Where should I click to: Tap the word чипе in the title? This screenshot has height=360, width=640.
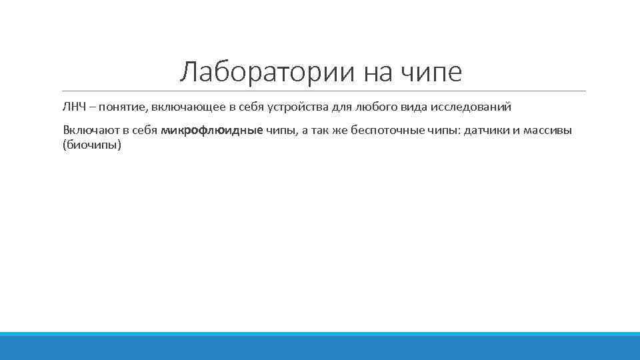(432, 72)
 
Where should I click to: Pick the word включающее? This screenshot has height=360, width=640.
(180, 107)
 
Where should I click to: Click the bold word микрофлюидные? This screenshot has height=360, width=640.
(212, 130)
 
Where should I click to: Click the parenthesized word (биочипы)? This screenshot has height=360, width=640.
(91, 145)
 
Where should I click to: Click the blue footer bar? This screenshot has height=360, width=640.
(320, 346)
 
